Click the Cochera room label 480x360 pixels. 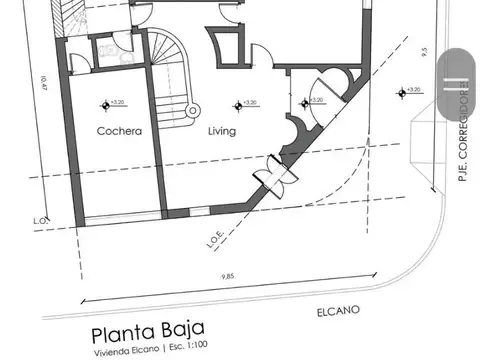coord(119,131)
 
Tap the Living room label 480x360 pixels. coord(221,131)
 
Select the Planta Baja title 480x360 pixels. coord(148,331)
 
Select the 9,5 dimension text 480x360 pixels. coord(425,52)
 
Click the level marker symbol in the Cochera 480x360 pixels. coord(105,102)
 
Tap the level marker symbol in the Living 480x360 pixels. coord(239,102)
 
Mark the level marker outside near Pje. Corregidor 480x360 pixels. coord(403,93)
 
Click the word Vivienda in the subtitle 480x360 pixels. coord(111,349)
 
